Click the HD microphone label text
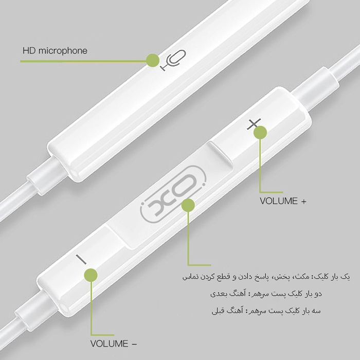[x=55, y=51]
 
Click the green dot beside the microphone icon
[x=152, y=60]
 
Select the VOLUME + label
[x=283, y=201]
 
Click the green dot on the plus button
[x=261, y=132]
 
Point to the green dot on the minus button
[x=91, y=275]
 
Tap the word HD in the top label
[x=28, y=51]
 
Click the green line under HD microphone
[x=82, y=61]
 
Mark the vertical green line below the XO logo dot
[x=188, y=237]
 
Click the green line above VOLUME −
[x=92, y=309]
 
